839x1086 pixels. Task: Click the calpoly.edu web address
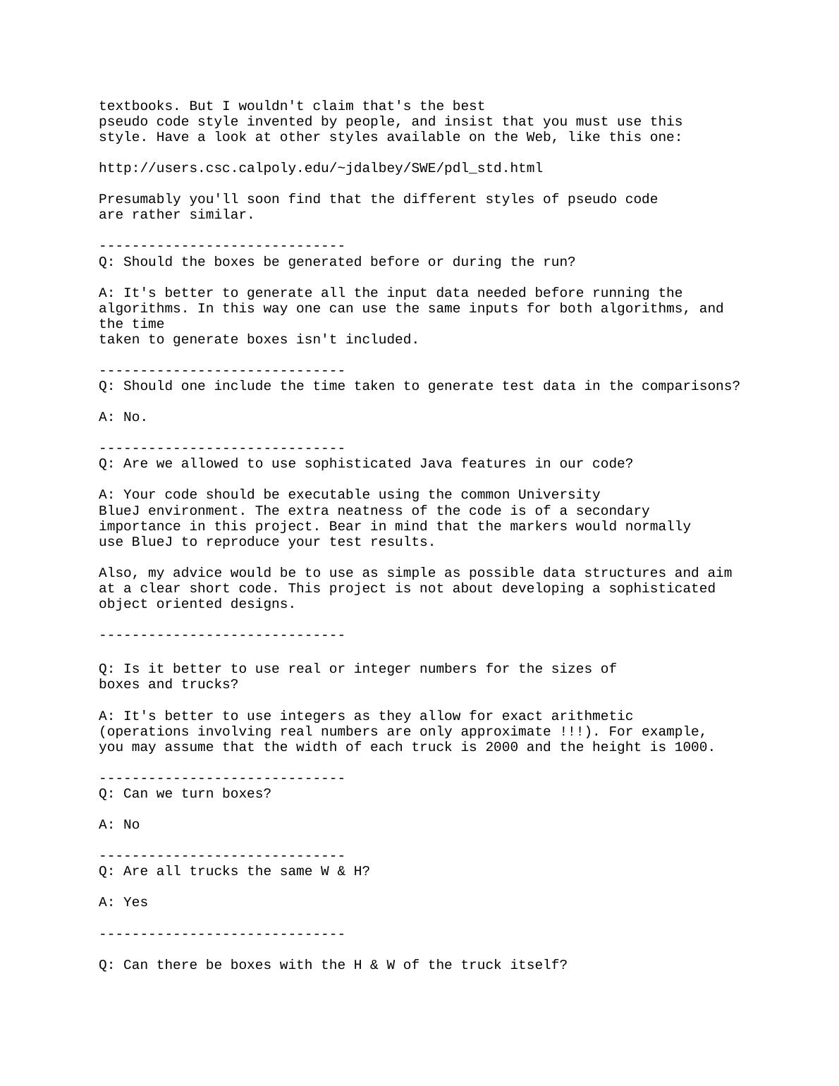pos(321,168)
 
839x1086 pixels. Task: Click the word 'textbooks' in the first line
pos(135,106)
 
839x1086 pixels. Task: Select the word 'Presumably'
pos(140,199)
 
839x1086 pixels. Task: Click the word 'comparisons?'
pos(690,386)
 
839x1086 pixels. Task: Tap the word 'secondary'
pos(613,511)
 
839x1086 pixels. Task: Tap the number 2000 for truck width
pos(501,747)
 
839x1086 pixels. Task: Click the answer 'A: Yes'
pos(123,902)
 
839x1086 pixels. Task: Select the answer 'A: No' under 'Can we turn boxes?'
pos(119,824)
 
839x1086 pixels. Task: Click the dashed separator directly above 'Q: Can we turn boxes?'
pos(221,778)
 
